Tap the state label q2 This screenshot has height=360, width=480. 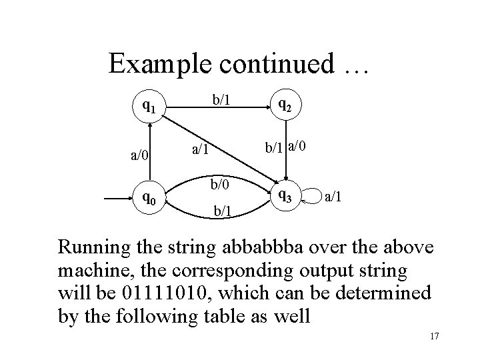[x=284, y=105]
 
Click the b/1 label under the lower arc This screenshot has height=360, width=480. [x=223, y=212]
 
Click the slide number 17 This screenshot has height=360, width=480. [x=434, y=337]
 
